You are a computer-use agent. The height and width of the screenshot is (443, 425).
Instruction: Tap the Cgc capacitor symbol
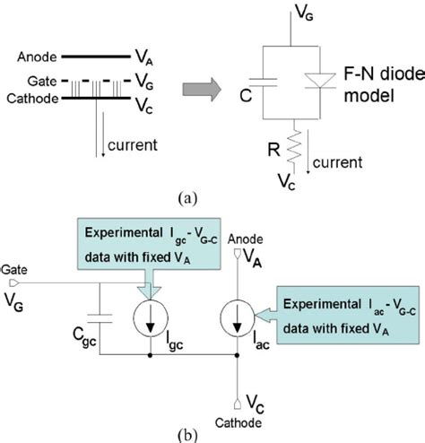click(x=97, y=316)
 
